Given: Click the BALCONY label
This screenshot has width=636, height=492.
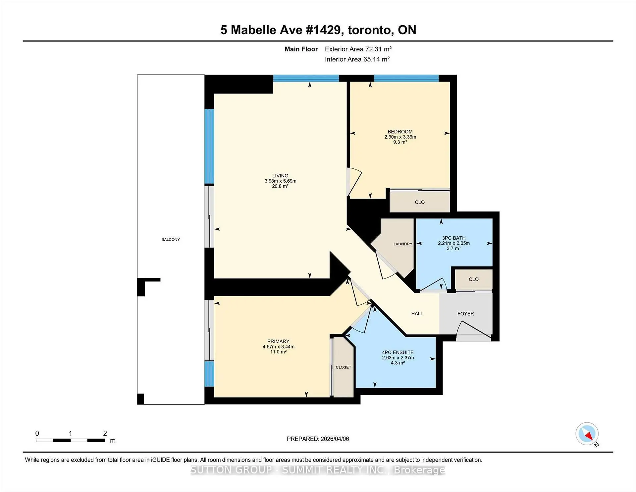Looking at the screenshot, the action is coord(171,239).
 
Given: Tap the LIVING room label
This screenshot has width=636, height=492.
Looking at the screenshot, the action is coord(280,176).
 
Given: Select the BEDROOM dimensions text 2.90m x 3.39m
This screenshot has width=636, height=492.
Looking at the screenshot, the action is coord(400,137).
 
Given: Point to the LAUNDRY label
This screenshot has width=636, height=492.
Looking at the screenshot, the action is coord(403,244).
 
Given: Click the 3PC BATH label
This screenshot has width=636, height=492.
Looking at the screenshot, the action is coord(454,238).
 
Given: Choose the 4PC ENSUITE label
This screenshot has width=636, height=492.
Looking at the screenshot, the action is coord(398,352).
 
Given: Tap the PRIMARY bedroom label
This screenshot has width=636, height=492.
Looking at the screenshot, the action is coord(278,341).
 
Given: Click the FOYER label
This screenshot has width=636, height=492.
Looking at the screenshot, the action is coord(465,314).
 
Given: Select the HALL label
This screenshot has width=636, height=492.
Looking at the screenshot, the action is coord(417,314).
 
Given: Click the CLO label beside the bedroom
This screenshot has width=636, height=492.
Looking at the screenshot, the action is coord(420,202).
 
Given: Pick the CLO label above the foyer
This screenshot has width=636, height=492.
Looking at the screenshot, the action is coord(474,279).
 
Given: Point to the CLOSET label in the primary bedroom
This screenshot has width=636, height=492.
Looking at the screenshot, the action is coord(344,367).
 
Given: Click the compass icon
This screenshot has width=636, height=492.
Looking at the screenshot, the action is coord(587,434).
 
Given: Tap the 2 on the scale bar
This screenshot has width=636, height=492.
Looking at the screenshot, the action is coord(105,433).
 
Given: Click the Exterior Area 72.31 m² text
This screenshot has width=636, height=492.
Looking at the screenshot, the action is coord(358,49).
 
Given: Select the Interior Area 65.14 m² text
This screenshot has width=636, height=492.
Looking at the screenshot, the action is coord(357,59).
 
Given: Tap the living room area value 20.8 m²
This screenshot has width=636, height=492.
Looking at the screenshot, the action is coord(280,186).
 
